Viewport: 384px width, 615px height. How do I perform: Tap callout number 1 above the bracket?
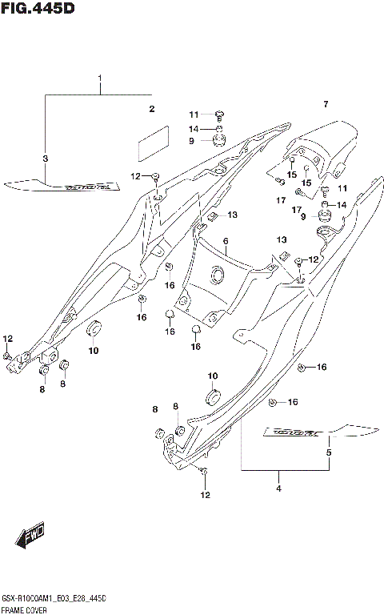(101, 78)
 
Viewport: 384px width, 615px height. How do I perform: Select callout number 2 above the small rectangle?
(150, 108)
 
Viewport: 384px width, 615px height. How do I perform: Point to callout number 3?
(46, 159)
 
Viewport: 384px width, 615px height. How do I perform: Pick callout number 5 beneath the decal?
(327, 453)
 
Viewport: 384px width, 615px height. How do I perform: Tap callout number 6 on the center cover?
(226, 241)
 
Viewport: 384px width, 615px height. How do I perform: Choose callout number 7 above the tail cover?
(326, 105)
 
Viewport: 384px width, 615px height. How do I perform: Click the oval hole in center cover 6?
(216, 276)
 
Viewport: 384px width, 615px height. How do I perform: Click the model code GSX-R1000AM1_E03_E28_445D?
(54, 599)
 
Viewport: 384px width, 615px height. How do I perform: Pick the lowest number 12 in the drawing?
(205, 495)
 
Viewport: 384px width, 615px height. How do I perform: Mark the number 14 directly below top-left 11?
(194, 128)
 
